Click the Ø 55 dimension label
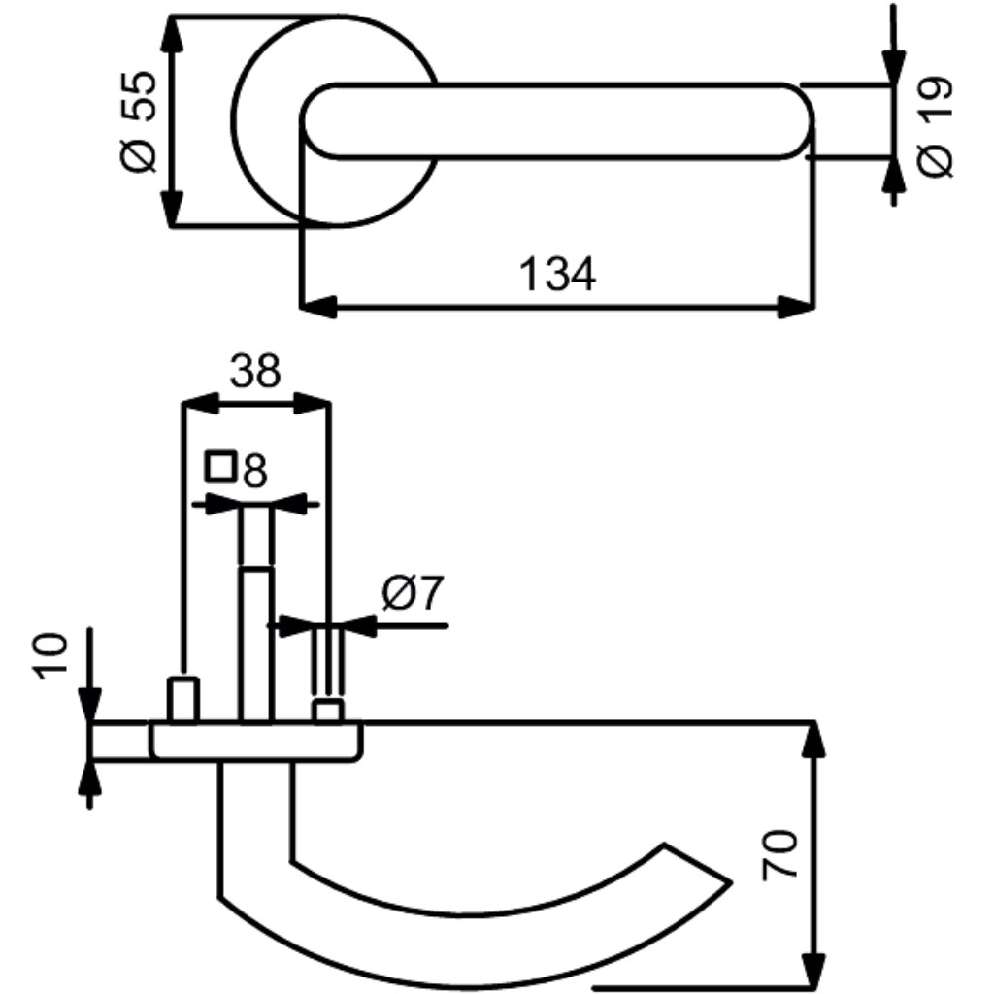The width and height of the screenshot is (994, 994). coord(138,121)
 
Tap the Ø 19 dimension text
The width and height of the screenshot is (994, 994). coord(936,127)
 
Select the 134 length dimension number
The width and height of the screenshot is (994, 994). coord(558,274)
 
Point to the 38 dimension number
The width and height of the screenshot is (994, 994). coord(255,371)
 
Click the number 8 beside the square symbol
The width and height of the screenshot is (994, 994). coord(255,471)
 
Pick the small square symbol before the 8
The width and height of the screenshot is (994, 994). coord(220,467)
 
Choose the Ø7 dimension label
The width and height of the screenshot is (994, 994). coord(414,593)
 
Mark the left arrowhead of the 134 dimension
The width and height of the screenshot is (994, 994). coord(318,307)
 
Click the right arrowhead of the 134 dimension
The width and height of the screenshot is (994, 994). coord(796,307)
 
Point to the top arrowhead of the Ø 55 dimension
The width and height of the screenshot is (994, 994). coord(172,34)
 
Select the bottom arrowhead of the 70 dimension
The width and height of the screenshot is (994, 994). coord(813,970)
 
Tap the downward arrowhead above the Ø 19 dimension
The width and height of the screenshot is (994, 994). coord(893,66)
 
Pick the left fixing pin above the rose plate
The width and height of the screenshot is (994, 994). coord(183,700)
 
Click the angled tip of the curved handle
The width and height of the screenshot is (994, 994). coord(730,881)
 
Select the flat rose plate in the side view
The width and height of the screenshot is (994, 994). coord(256,741)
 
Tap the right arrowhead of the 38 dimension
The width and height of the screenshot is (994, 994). coord(312,403)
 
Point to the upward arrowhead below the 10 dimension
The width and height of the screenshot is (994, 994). coord(89,778)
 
